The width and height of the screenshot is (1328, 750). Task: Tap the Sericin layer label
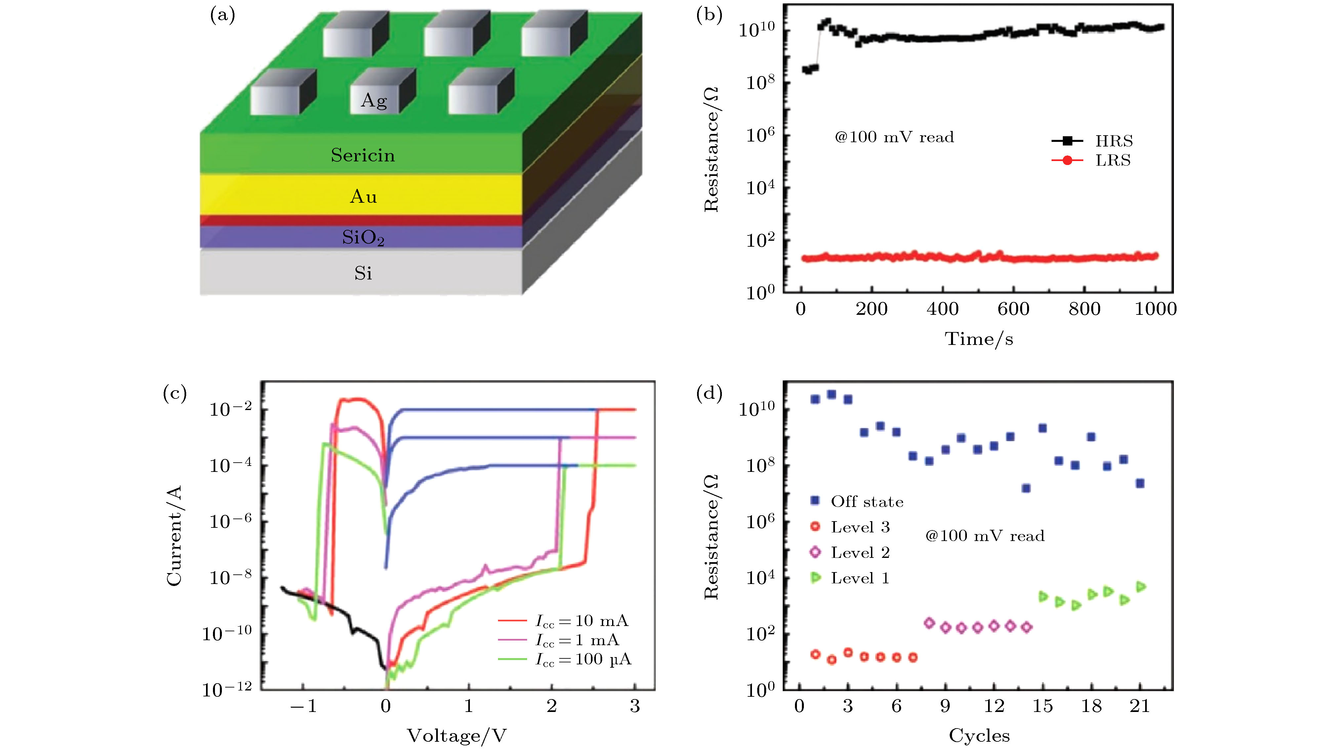(x=363, y=155)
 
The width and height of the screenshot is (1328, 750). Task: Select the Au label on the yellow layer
(x=363, y=196)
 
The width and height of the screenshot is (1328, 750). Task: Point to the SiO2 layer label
(x=363, y=238)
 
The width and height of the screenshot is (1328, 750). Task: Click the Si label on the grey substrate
(x=363, y=273)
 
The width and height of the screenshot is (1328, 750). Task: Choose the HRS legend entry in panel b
(x=1113, y=141)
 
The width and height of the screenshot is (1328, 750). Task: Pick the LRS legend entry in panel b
(x=1112, y=160)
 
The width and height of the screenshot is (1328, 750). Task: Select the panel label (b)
(x=709, y=15)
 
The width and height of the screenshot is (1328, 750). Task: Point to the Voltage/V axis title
(x=457, y=735)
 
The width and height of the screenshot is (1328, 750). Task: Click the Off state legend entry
(x=867, y=502)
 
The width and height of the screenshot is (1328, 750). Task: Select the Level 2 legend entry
(x=860, y=553)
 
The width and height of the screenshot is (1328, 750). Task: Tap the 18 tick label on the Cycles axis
(x=1091, y=706)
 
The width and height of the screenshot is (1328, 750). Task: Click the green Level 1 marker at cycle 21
(x=1141, y=587)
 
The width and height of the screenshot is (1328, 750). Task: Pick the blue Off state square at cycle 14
(x=1026, y=488)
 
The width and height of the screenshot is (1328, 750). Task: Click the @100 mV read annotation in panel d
(x=985, y=536)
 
